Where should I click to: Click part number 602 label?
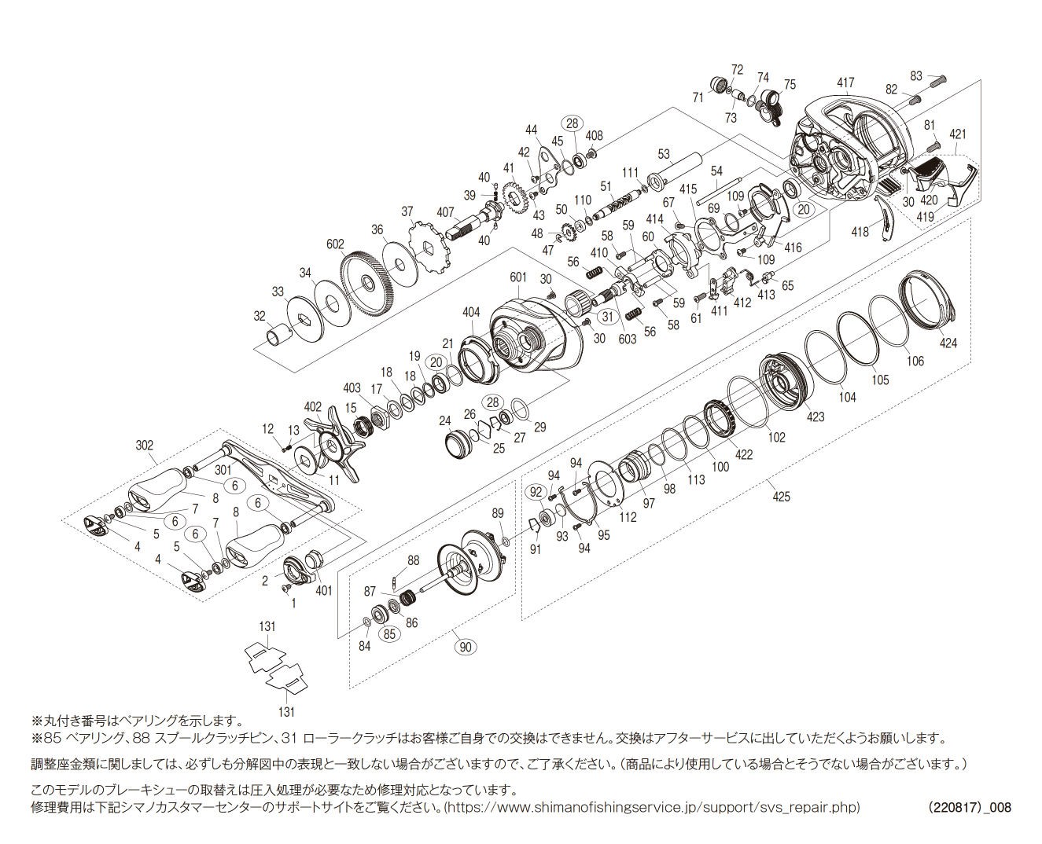335,244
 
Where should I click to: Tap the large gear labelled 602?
366,282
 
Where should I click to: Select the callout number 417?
845,83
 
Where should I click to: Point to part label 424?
948,343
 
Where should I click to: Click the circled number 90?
466,647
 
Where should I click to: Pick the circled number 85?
389,634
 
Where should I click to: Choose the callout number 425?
781,497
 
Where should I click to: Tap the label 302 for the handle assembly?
145,446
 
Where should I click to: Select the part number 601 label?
518,277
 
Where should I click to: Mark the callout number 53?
664,154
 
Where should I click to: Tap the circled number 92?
536,492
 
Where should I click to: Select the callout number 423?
815,416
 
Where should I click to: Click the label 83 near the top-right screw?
916,75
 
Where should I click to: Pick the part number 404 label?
470,312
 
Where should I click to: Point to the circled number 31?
607,316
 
